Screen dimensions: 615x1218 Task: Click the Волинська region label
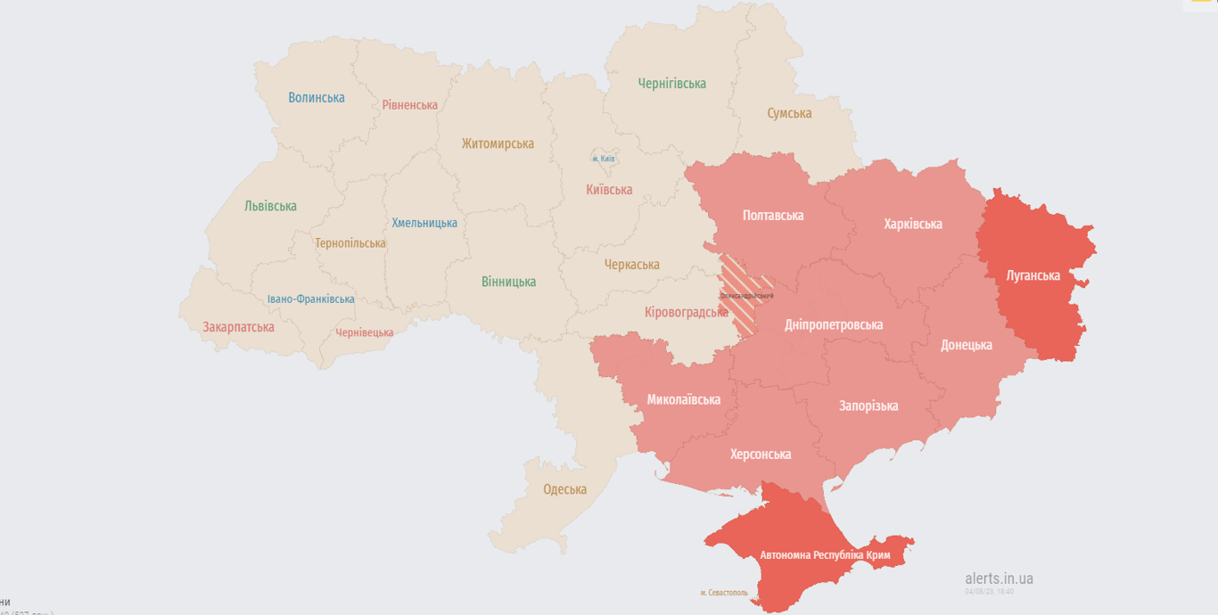click(317, 98)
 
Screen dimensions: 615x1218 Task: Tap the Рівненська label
click(410, 105)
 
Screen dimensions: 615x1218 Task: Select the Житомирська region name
click(498, 143)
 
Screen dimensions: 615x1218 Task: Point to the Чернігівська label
click(671, 84)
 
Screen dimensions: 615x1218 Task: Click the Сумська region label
click(789, 113)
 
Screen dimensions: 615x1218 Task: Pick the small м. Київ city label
click(604, 159)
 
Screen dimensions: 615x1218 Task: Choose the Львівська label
click(270, 206)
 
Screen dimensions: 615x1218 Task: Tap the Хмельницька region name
click(424, 223)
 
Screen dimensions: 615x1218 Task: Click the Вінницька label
click(508, 282)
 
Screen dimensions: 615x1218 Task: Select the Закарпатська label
click(238, 327)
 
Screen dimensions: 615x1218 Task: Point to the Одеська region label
click(565, 489)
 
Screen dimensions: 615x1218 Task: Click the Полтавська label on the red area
click(773, 216)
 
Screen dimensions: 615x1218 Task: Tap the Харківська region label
click(913, 224)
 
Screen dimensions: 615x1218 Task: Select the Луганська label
click(1033, 275)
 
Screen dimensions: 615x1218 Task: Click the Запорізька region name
click(868, 406)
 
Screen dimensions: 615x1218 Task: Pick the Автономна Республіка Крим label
click(825, 555)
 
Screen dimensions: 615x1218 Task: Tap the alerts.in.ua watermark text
click(999, 578)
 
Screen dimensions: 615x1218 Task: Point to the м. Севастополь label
click(724, 593)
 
